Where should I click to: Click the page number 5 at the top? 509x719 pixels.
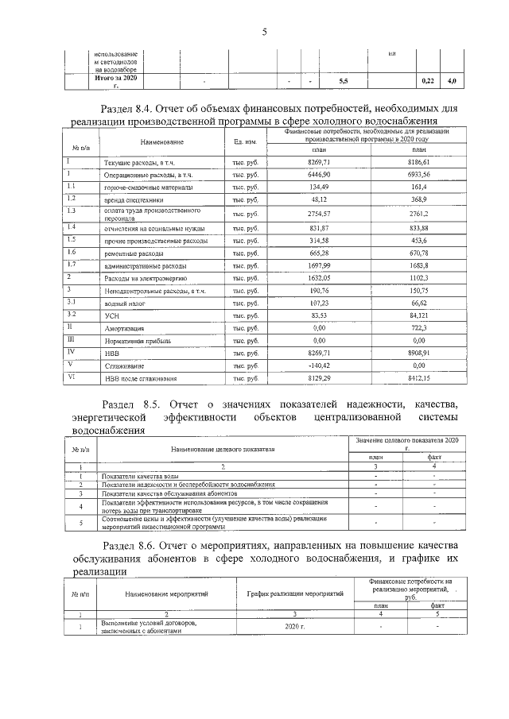tap(263, 31)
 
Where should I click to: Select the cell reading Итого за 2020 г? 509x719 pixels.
tap(116, 81)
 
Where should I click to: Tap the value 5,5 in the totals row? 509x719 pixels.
tap(343, 82)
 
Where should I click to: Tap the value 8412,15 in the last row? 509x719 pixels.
tap(418, 378)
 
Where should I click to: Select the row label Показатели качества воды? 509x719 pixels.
tap(132, 474)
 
